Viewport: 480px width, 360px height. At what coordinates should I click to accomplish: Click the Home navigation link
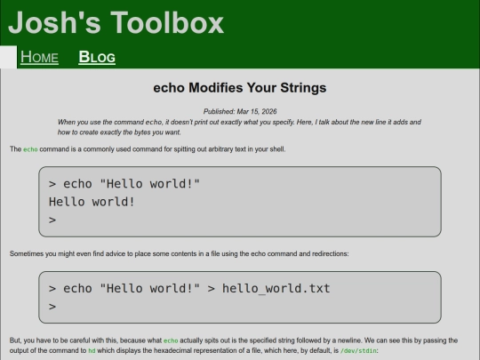(39, 58)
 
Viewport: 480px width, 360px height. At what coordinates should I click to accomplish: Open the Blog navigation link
(97, 58)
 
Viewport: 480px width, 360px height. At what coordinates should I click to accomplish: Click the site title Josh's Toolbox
(116, 22)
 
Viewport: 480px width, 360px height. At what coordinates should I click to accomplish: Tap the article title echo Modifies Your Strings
(240, 88)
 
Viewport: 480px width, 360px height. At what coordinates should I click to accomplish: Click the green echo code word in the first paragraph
(31, 149)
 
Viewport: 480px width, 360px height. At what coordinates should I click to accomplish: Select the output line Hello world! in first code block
(92, 202)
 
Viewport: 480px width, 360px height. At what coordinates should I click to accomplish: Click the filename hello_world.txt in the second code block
(276, 288)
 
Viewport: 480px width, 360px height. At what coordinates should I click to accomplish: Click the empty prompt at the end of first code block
(52, 220)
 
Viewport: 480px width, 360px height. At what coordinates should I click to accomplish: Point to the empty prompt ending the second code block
(52, 307)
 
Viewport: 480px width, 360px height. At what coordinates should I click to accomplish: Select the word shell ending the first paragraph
(276, 149)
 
